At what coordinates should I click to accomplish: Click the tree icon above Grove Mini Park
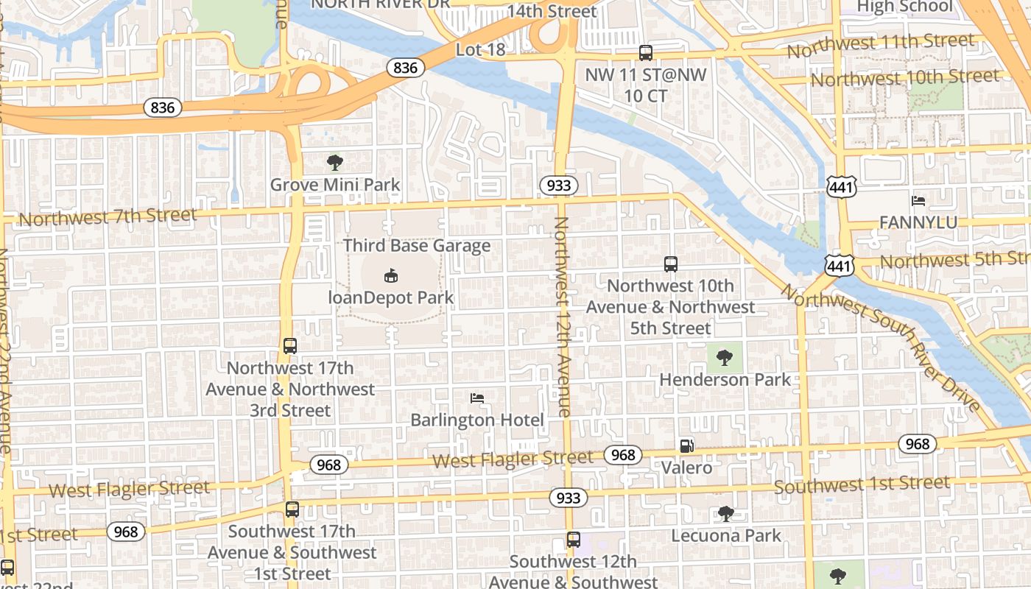335,162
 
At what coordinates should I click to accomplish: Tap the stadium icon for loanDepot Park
391,276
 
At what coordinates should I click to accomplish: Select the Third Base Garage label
417,246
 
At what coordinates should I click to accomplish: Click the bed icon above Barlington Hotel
477,398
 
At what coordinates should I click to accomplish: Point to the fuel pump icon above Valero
686,445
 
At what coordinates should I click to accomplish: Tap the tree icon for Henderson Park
725,358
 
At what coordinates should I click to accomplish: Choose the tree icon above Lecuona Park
726,513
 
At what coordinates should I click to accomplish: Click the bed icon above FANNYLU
918,200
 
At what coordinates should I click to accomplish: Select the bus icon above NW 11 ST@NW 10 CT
646,53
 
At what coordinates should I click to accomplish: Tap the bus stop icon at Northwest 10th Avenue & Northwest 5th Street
671,264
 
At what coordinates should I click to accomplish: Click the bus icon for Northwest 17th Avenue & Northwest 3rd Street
290,346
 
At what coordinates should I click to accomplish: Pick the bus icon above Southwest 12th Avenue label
574,540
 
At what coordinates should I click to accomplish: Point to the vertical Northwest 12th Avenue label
563,317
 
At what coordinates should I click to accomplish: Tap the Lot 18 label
481,50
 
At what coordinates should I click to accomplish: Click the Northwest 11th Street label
880,46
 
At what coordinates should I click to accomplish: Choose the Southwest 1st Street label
862,485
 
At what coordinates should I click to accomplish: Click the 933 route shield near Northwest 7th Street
559,186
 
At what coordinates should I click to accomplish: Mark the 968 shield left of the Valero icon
623,455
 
